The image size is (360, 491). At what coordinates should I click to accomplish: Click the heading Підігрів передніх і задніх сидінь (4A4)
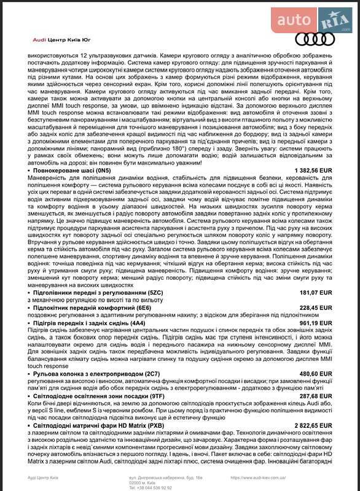pos(90,322)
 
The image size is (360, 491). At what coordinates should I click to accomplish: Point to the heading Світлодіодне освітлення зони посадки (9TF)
pos(98,396)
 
